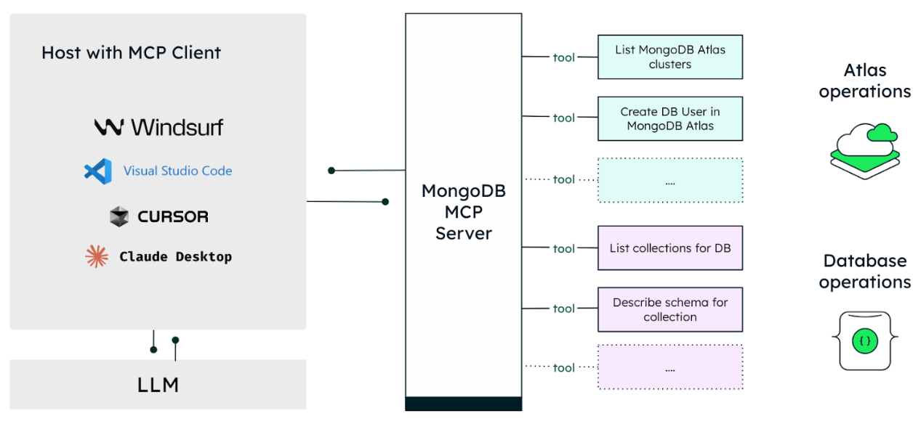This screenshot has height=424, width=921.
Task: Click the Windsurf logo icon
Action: tap(109, 127)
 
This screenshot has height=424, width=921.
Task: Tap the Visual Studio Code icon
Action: tap(98, 171)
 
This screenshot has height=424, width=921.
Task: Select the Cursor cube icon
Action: tap(119, 216)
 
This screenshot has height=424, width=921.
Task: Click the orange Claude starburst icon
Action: tap(97, 257)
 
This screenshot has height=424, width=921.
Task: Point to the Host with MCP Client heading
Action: tap(131, 53)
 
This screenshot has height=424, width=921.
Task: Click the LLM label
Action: tap(158, 385)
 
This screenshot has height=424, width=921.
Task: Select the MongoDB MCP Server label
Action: tap(464, 212)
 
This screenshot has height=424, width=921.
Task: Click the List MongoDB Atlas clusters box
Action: tap(670, 57)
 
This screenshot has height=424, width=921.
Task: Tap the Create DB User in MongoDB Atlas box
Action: tap(670, 119)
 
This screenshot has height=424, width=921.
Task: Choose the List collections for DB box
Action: tap(670, 248)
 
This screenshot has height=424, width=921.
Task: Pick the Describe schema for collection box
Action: tap(670, 309)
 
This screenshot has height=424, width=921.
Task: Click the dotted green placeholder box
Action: tap(670, 180)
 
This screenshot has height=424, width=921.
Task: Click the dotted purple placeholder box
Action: tap(670, 367)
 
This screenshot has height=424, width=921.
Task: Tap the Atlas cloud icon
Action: tap(865, 151)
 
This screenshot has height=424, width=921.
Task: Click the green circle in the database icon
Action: tap(865, 341)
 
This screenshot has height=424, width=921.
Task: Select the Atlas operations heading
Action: tap(865, 81)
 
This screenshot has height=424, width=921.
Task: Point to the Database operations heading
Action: tap(865, 272)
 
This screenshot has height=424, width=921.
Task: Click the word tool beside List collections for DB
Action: tap(563, 248)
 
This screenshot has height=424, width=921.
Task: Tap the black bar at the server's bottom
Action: tap(464, 404)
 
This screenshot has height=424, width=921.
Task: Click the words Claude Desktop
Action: tap(176, 257)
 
